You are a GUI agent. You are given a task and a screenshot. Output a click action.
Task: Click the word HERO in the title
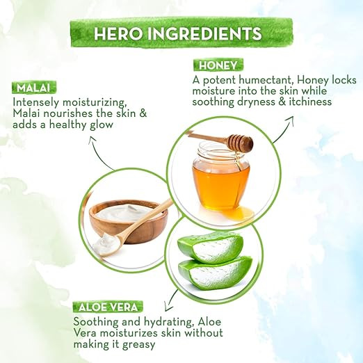point(118,34)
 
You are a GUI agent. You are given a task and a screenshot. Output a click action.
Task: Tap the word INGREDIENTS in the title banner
point(204,34)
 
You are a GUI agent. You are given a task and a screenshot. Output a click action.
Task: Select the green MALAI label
point(33,88)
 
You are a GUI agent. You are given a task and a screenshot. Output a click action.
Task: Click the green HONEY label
point(218,65)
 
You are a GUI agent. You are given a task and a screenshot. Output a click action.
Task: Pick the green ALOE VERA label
point(108,307)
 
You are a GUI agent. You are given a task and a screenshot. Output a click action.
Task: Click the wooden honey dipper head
point(240,143)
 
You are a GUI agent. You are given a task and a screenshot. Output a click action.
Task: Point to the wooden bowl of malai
point(129,220)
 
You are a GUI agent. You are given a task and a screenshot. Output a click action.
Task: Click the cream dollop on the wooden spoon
point(107,243)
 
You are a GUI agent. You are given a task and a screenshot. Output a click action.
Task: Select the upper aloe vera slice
point(211,247)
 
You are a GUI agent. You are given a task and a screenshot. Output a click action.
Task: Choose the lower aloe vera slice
point(215,273)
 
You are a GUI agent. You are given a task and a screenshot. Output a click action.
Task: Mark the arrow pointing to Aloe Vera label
point(170,300)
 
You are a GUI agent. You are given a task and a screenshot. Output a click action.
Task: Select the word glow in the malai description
point(102,125)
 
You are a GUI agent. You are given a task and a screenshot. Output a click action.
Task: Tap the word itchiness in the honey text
point(310,102)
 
